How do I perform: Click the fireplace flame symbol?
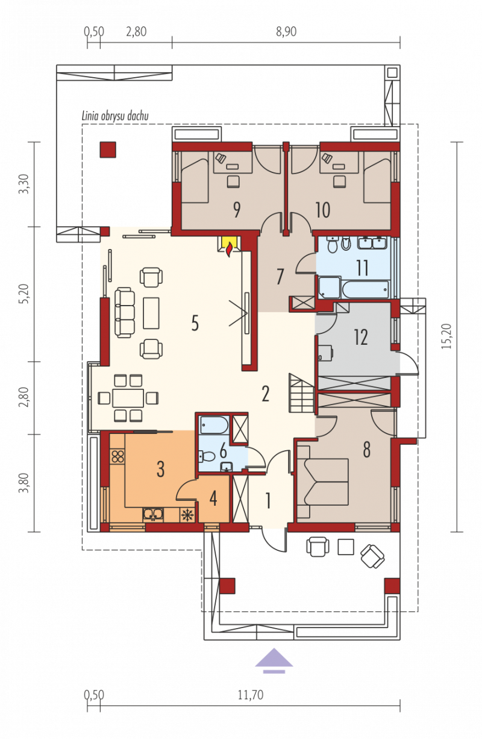[228, 250]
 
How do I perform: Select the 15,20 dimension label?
[446, 336]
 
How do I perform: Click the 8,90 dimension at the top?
[286, 32]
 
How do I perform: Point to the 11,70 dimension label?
[251, 696]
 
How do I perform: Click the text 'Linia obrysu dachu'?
[115, 116]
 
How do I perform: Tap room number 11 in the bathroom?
[363, 268]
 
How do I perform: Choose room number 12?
[361, 337]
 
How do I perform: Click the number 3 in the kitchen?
[160, 469]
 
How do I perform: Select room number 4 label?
[213, 498]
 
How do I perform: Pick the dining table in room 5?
[128, 398]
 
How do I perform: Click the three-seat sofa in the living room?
[125, 312]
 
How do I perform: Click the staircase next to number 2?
[301, 393]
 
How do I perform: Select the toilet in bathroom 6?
[207, 456]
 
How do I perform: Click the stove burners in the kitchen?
[117, 457]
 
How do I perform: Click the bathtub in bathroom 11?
[365, 289]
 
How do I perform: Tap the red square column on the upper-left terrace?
[108, 149]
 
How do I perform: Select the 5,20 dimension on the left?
[24, 294]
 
